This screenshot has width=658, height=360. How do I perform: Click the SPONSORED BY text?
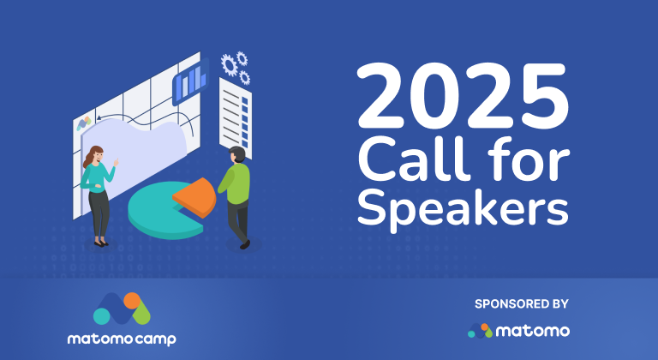521,303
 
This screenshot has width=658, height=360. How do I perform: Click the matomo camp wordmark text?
123,339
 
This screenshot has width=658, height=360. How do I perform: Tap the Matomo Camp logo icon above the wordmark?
122,309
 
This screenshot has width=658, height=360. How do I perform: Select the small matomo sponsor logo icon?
480,330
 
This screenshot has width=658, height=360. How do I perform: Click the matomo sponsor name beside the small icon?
532,330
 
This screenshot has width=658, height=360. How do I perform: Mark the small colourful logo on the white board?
83,123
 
